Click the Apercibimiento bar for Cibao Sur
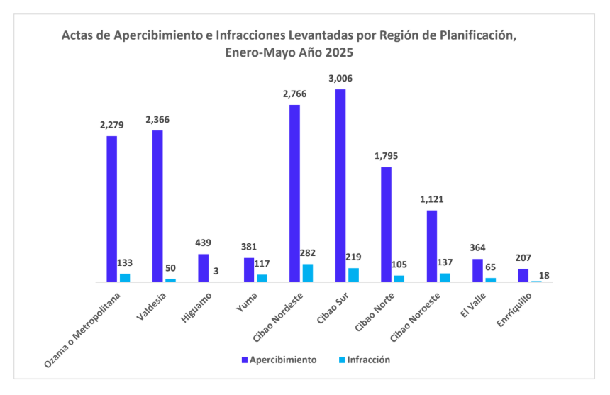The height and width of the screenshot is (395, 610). [x=340, y=186]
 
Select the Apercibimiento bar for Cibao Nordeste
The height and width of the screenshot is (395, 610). [x=294, y=194]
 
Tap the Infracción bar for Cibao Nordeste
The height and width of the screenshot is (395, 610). [x=308, y=273]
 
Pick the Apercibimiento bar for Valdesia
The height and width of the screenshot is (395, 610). [x=157, y=206]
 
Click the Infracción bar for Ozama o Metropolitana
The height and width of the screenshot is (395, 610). [x=125, y=278]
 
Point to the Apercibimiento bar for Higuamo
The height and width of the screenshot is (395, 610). [x=204, y=268]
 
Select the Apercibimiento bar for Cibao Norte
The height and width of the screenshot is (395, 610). [x=386, y=225]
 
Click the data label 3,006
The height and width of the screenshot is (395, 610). [x=340, y=78]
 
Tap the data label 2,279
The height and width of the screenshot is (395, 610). [x=112, y=125]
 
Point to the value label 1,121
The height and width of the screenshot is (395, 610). [x=431, y=199]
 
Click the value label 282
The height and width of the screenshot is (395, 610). [x=308, y=252]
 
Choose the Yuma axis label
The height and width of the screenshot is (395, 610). [x=245, y=304]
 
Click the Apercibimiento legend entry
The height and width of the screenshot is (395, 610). [x=279, y=360]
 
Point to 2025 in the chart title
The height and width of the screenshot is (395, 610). [x=338, y=53]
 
